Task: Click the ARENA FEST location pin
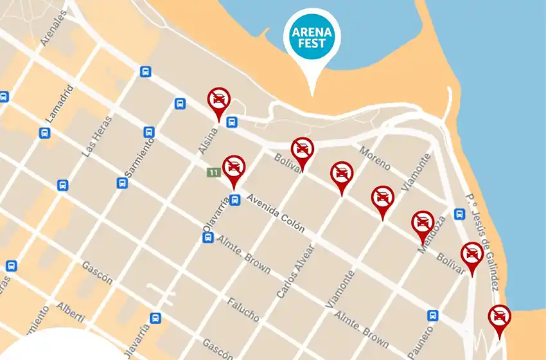313,39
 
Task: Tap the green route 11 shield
213,172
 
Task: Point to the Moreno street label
374,159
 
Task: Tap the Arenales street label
53,28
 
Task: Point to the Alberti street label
70,314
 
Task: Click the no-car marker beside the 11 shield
233,169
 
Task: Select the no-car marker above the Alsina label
219,102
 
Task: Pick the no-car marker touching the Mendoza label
422,224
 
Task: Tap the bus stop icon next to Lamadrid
44,133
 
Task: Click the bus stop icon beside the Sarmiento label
149,132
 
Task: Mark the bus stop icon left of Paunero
433,316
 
